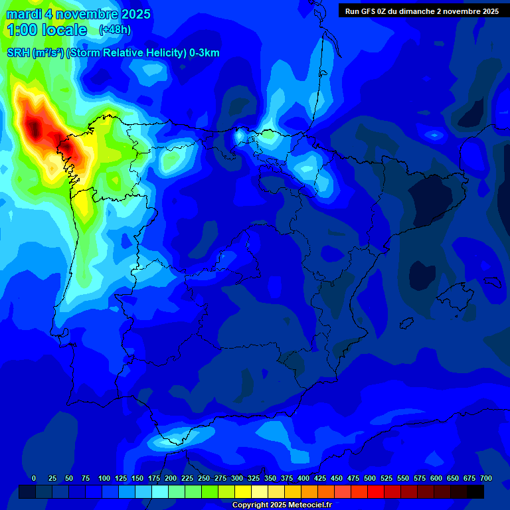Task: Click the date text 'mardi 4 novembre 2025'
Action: pos(78,14)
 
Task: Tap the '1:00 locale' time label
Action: pos(46,30)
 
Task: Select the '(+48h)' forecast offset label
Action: pos(115,30)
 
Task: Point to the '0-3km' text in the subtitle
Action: pos(204,53)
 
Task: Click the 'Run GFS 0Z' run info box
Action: pos(422,11)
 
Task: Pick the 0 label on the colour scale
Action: pos(34,478)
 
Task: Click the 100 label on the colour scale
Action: pos(104,478)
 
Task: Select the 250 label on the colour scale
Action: pos(204,478)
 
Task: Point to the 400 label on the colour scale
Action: pos(303,478)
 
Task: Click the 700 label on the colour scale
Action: pos(485,478)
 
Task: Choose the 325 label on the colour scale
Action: pos(254,478)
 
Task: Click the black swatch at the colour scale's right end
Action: pos(475,491)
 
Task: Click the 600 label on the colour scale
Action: pos(436,478)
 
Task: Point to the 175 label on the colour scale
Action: pos(154,478)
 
